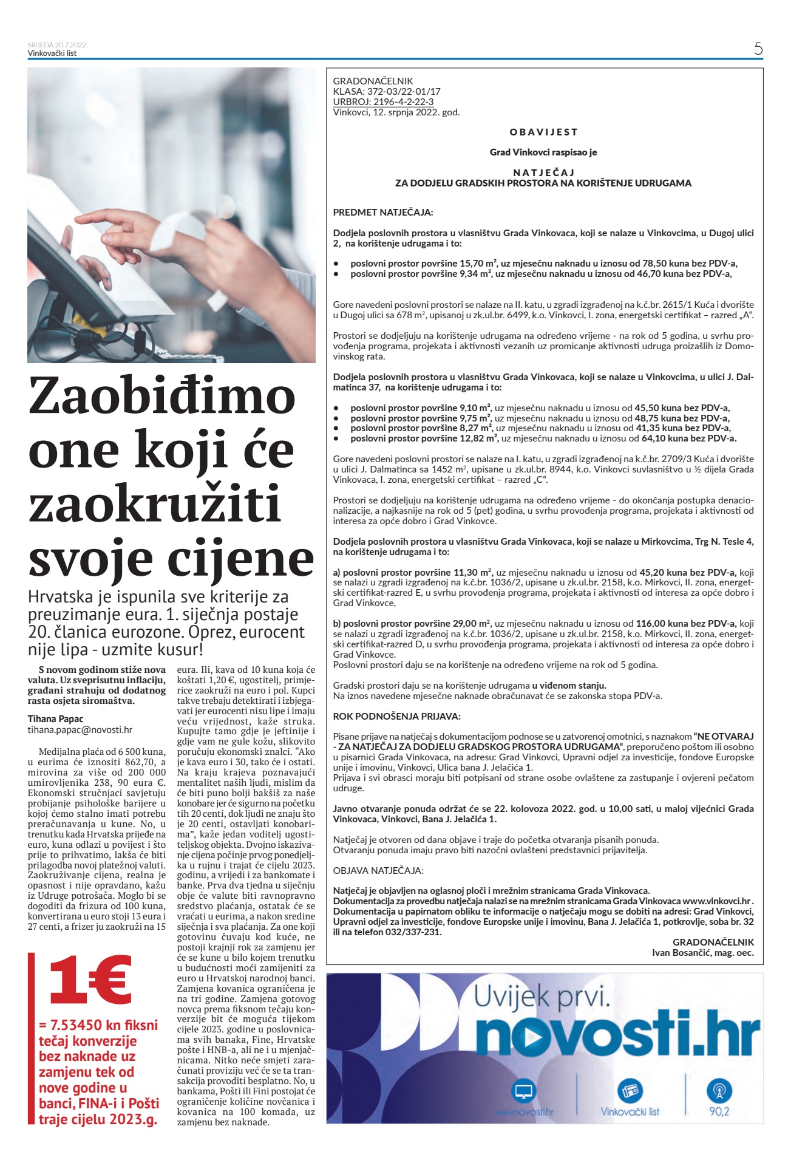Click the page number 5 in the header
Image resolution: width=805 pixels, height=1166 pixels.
(x=758, y=49)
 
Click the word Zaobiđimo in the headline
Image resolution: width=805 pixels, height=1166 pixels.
(x=161, y=396)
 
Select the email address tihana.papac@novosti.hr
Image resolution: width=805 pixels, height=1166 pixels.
(x=80, y=730)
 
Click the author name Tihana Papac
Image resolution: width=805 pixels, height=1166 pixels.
(x=56, y=719)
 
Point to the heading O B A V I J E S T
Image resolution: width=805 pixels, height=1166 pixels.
(x=543, y=132)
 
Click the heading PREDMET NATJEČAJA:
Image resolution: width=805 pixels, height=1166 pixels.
(x=383, y=213)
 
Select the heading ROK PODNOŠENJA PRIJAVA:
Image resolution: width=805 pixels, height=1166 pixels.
(x=396, y=716)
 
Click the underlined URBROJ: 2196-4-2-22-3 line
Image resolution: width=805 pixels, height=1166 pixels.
(x=383, y=102)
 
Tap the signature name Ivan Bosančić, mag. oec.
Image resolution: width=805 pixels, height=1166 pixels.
(x=702, y=953)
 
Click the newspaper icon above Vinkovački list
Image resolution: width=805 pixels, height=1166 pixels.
(x=630, y=1091)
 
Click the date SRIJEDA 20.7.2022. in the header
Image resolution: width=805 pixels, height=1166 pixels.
(x=58, y=45)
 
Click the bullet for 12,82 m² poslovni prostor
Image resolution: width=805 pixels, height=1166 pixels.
(x=336, y=438)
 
